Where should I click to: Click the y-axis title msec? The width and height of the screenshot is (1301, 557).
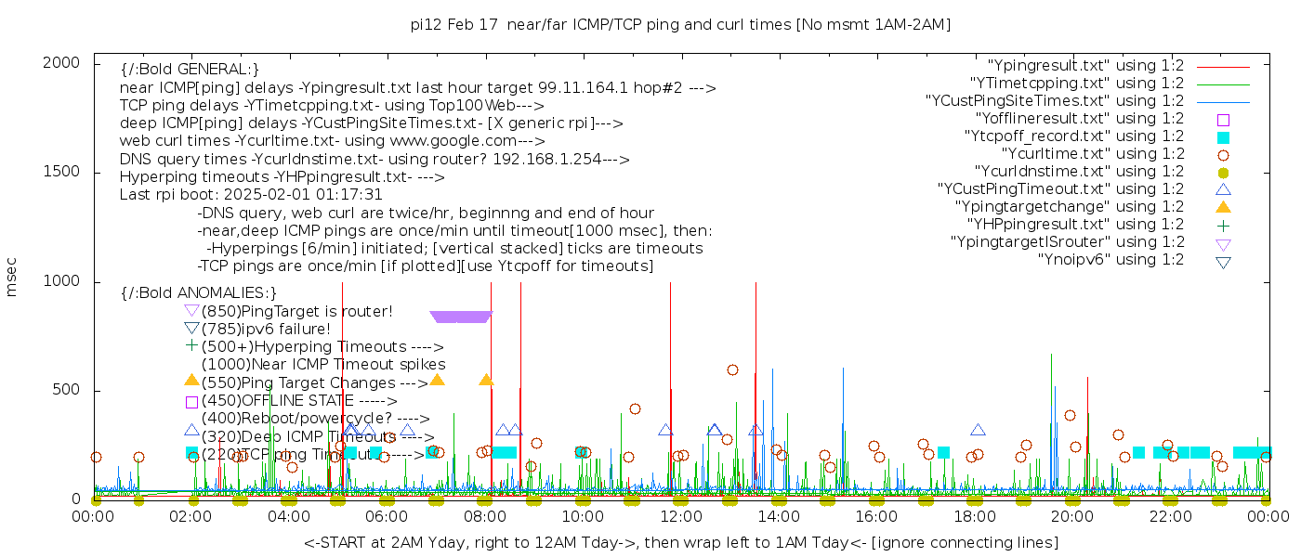click(x=12, y=277)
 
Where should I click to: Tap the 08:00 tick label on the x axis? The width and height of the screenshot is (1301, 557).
click(x=484, y=517)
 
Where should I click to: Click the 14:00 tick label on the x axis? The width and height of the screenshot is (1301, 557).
click(x=778, y=517)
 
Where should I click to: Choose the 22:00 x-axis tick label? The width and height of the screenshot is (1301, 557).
click(x=1169, y=517)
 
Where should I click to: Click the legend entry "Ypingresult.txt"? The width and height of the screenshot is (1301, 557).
click(x=1084, y=66)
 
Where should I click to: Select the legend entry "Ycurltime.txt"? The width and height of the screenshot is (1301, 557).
click(x=1092, y=154)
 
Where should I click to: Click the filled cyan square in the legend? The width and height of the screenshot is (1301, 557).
click(x=1223, y=137)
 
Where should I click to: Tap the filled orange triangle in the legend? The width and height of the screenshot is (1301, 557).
click(x=1223, y=207)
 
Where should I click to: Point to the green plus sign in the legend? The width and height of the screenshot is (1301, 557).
click(x=1223, y=225)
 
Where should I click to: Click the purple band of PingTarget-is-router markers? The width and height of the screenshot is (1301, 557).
click(x=460, y=317)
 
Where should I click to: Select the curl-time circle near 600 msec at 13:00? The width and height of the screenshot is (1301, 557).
click(x=732, y=369)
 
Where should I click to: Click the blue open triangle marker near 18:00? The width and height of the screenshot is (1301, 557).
click(x=978, y=430)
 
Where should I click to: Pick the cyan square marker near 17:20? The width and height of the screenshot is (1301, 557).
click(x=943, y=452)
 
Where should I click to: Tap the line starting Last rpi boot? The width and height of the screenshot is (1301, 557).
click(x=251, y=195)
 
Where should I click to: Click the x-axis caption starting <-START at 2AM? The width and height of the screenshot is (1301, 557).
click(x=680, y=542)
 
